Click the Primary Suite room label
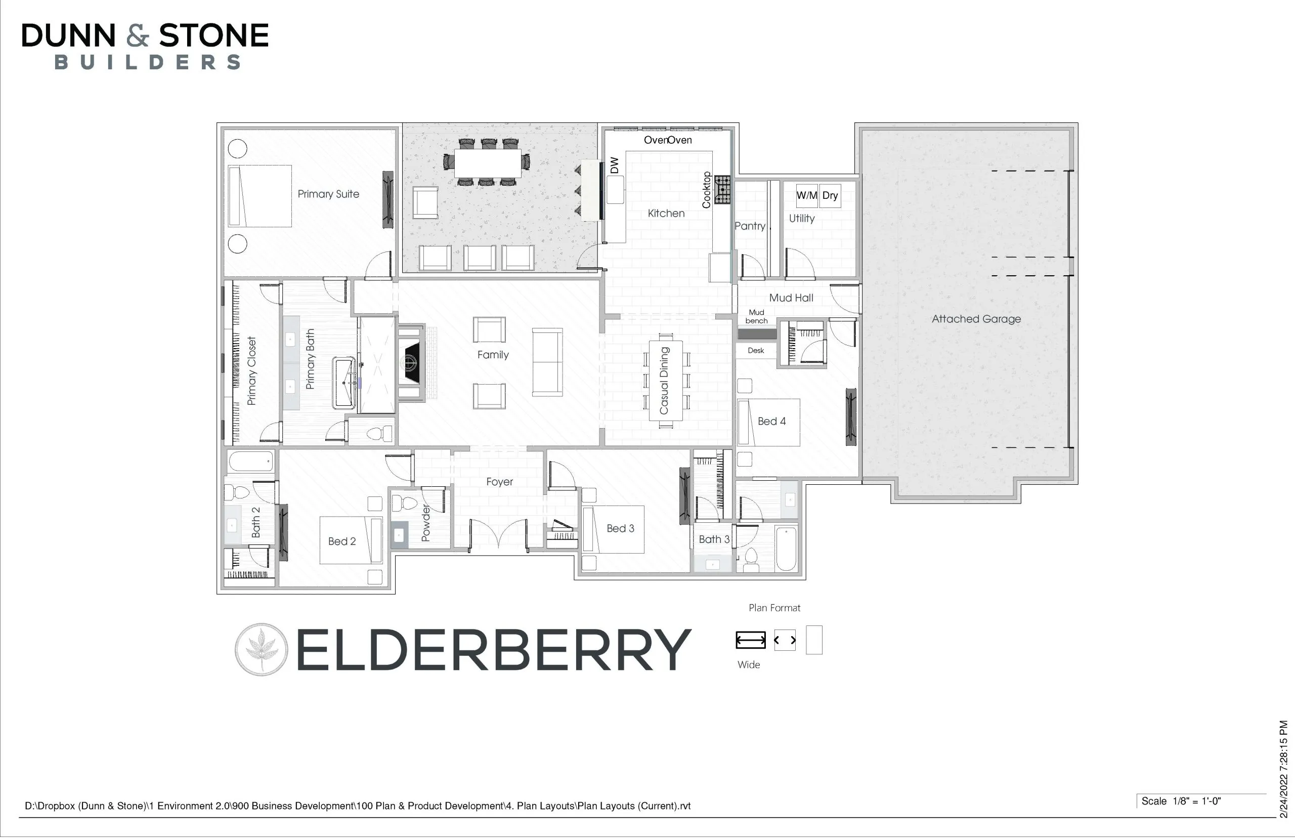coord(328,194)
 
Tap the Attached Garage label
coord(976,319)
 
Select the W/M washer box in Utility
coord(806,195)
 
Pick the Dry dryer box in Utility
coord(830,195)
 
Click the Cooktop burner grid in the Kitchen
coord(722,189)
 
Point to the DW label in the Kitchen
coord(615,165)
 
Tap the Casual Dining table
coord(666,381)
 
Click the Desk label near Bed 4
coord(755,351)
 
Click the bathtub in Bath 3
coord(786,549)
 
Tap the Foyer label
coord(499,482)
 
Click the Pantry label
coord(750,226)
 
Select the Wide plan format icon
coord(751,640)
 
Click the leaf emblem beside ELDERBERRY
coord(261,649)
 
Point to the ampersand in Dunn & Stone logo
coord(137,35)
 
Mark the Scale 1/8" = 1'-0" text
coord(1181,801)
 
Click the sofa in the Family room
coord(547,362)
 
